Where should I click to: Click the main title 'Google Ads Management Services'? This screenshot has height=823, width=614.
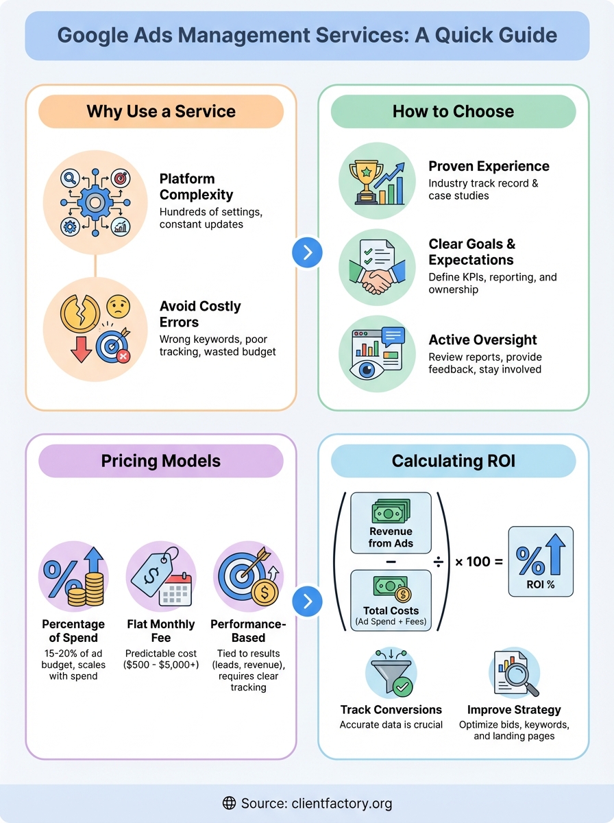306,35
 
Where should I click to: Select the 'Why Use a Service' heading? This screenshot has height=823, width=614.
160,112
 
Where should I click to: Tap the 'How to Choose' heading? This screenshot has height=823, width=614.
453,112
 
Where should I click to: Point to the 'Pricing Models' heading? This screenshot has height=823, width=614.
160,461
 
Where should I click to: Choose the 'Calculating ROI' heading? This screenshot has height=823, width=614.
453,461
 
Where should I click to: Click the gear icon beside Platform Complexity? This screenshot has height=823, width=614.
95,202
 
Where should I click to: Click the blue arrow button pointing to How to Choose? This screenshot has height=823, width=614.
307,252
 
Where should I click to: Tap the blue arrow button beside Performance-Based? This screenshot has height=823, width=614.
307,601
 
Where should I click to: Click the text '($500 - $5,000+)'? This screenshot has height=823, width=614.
160,665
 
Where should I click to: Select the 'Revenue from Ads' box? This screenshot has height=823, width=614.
391,523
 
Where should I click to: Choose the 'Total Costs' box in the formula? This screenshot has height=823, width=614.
391,600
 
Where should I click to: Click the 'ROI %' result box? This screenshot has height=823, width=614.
541,562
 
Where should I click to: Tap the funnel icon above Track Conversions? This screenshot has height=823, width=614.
391,676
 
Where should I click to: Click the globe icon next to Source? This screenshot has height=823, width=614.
230,803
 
